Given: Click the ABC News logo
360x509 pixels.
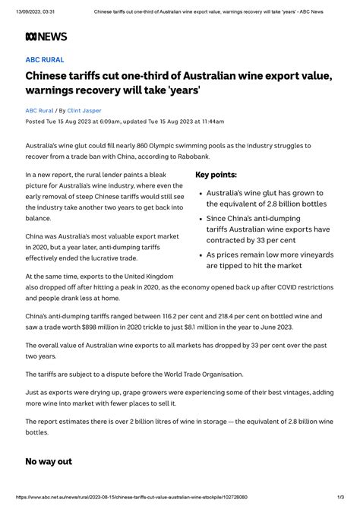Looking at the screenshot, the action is [46, 36].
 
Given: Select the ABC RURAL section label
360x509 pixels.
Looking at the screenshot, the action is [45, 59].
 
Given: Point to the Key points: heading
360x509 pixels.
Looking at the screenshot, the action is [216, 175].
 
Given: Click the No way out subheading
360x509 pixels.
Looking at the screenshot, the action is [49, 461].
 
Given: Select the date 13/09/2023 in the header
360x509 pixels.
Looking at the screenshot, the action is [24, 11].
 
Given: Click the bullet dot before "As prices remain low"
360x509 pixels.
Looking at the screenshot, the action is [200, 254].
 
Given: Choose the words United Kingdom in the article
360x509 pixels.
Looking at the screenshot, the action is [147, 276].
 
